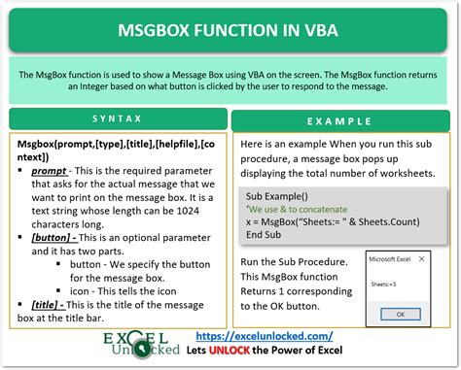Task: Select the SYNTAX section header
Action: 116,120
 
